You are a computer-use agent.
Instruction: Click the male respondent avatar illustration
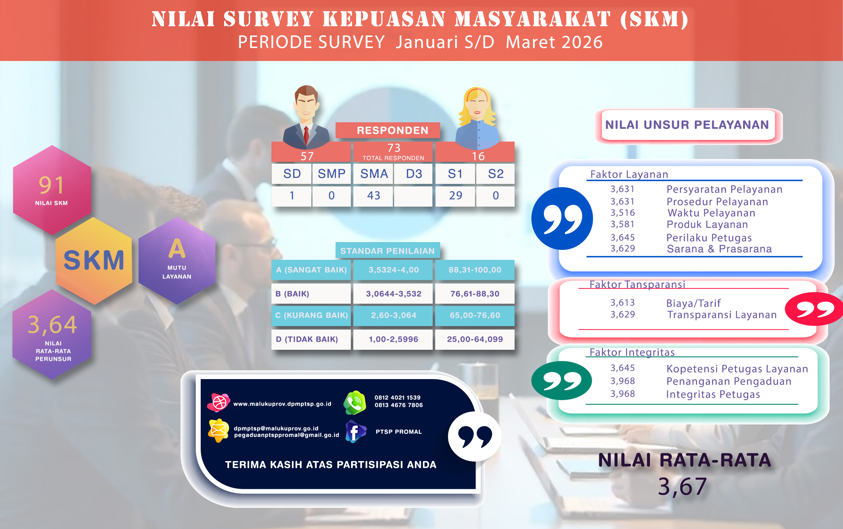[x=306, y=117]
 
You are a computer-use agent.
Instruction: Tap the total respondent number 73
[x=394, y=147]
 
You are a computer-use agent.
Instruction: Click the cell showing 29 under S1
[x=455, y=196]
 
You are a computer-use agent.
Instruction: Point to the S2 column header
[x=496, y=174]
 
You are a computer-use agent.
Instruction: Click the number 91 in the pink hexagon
[x=51, y=185]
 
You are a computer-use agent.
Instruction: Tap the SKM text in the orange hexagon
[x=94, y=260]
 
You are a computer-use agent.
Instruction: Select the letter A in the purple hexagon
[x=177, y=248]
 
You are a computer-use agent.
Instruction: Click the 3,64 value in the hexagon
[x=53, y=325]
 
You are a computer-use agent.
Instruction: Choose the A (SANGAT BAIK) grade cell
[x=311, y=270]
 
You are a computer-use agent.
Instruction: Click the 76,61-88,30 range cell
[x=475, y=293]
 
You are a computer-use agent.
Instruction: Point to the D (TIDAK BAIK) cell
[x=311, y=339]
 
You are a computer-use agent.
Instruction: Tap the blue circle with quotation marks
[x=562, y=219]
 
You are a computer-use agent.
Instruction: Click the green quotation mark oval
[x=562, y=381]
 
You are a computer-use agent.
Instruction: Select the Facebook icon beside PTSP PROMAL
[x=355, y=432]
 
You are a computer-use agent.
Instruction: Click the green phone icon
[x=355, y=403]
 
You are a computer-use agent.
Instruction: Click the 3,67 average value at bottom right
[x=682, y=487]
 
